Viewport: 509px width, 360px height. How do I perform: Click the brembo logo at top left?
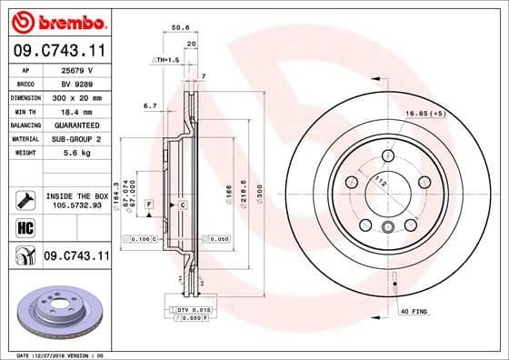[56, 20]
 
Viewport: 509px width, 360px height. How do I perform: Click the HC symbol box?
[25, 229]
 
